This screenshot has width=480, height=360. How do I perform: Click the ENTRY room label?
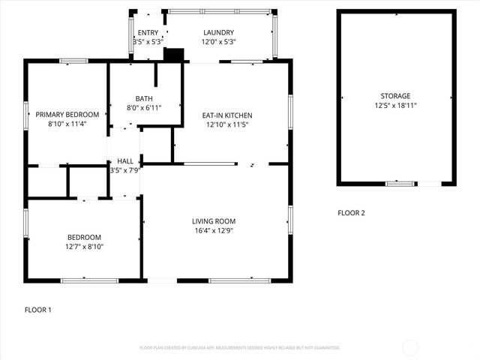[x=148, y=32]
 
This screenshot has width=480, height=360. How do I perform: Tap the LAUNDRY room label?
[x=219, y=32]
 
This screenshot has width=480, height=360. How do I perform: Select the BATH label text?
[x=145, y=98]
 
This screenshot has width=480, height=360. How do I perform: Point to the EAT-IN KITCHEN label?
[x=227, y=115]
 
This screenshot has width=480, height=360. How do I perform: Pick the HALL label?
[x=125, y=161]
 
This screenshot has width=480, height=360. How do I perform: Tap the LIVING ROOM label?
[x=214, y=221]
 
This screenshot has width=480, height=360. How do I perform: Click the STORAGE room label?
[x=395, y=96]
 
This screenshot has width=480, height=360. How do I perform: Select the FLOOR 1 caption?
[x=38, y=310]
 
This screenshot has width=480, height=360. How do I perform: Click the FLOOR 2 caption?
[x=351, y=213]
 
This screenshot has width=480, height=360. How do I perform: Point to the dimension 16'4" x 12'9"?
[x=214, y=230]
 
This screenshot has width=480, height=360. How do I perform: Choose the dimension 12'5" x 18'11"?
[x=395, y=105]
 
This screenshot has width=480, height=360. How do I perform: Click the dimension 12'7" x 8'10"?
[x=84, y=246]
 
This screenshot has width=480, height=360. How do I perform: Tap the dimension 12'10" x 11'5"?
[x=227, y=124]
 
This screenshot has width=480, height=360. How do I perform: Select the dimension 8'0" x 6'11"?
[x=145, y=107]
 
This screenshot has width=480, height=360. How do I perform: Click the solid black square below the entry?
[x=173, y=55]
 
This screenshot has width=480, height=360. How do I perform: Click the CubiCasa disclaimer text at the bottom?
[x=240, y=348]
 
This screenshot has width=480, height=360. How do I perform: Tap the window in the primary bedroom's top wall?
[x=73, y=61]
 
